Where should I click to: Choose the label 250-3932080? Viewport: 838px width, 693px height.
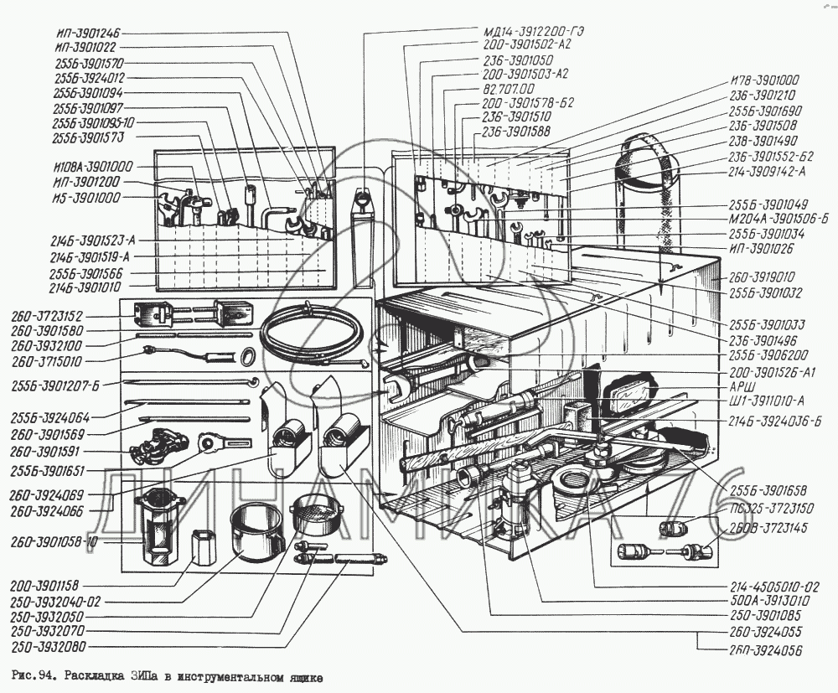49,647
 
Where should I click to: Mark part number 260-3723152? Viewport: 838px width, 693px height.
48,316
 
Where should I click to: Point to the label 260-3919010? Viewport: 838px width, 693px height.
762,276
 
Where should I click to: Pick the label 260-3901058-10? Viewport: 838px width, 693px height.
54,541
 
